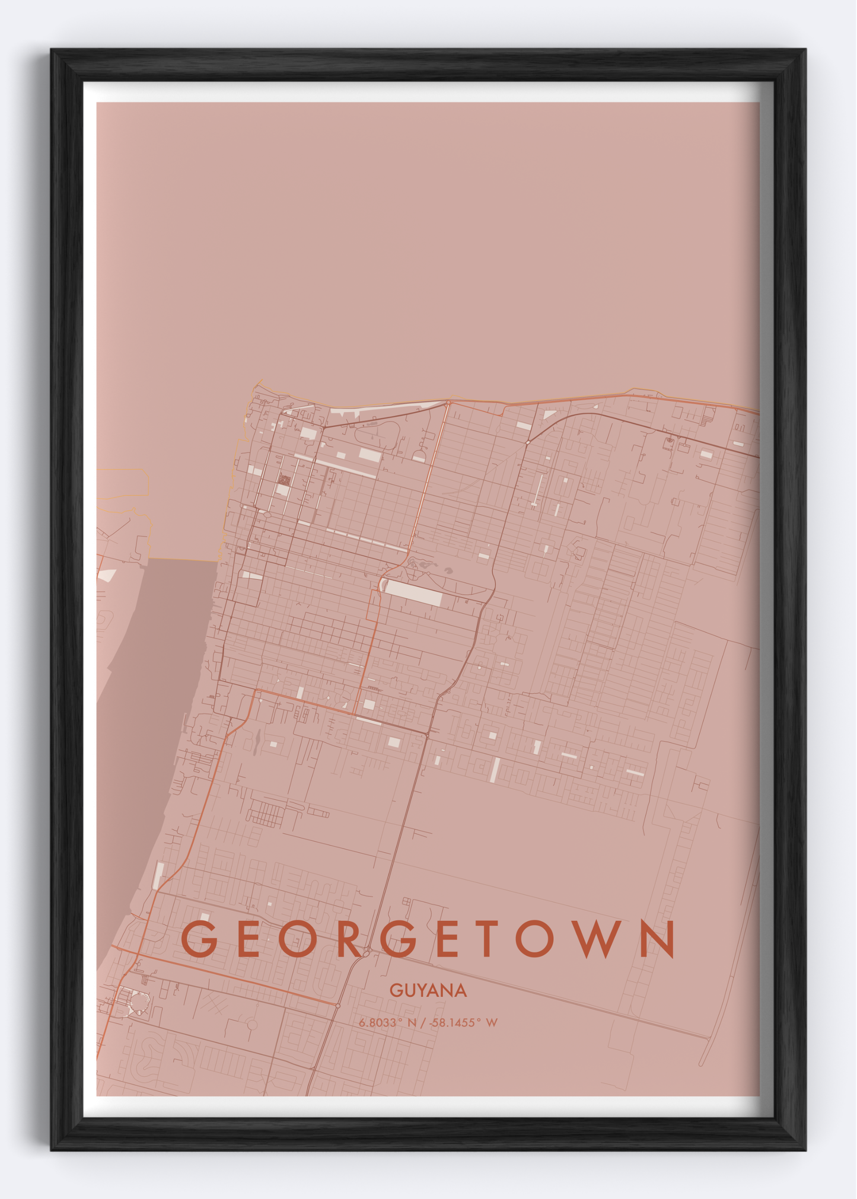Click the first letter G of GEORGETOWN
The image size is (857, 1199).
(199, 938)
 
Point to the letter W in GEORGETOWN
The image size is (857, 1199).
(598, 938)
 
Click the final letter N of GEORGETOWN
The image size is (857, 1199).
(657, 938)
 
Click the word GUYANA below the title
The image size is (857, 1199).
(428, 990)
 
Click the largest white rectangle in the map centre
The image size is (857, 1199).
(413, 593)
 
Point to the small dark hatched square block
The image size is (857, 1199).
(284, 480)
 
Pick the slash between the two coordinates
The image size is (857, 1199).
(422, 1023)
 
